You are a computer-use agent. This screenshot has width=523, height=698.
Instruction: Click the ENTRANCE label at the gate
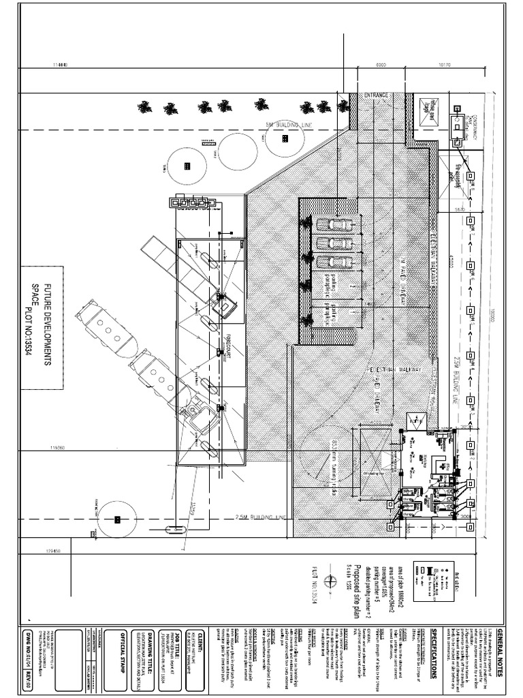375,95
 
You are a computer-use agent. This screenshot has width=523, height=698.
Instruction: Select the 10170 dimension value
445,65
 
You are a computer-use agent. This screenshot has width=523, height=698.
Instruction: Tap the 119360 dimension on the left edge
57,448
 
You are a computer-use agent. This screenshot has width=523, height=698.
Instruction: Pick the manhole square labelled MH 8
471,176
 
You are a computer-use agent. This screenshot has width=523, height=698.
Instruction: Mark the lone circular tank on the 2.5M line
117,519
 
